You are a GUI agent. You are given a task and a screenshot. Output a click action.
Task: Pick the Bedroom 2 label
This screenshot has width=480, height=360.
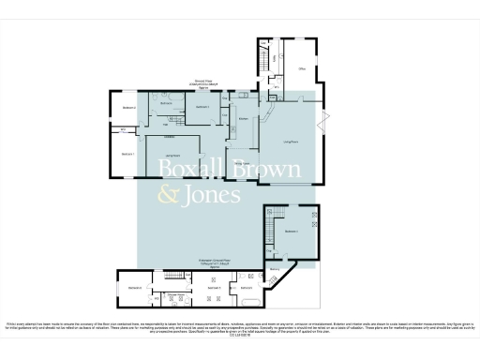coord(129,109)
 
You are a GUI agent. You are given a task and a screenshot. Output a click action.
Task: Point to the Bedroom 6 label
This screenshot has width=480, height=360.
coord(135,287)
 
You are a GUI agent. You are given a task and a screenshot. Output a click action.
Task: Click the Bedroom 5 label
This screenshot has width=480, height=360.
coord(213,287)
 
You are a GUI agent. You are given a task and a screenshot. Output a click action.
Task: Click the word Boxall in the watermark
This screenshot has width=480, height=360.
coord(187,170)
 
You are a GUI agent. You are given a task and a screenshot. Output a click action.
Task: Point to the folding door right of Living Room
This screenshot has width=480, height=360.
coord(325,120)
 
